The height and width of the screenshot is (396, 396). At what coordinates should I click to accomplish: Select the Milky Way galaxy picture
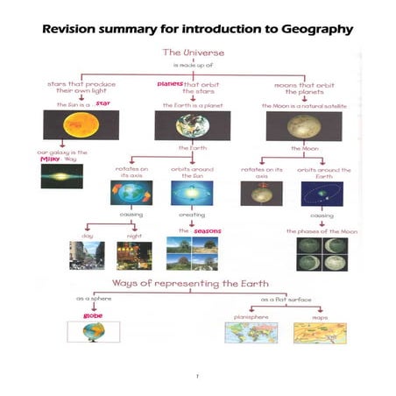point(61,176)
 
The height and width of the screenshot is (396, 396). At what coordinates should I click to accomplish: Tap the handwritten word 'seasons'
point(207,230)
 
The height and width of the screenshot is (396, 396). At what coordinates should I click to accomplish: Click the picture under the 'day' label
point(86,254)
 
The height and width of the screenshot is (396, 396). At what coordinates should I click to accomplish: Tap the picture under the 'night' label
point(134,254)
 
